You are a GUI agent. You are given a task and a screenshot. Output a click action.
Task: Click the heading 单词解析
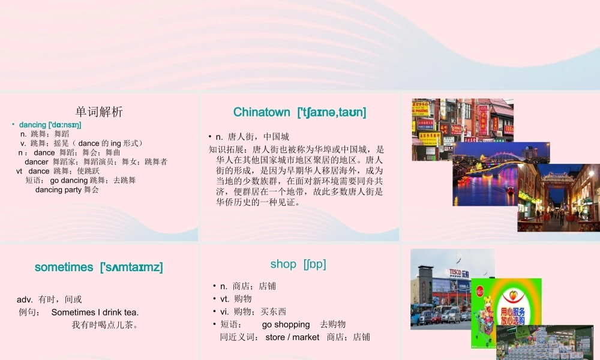pos(99,112)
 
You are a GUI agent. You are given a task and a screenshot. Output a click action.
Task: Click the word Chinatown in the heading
pos(261,112)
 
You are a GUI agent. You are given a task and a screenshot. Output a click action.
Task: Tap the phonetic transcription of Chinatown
pos(331,112)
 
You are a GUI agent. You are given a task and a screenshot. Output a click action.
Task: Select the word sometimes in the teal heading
pos(64,267)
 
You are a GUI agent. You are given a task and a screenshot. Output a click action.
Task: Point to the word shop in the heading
pos(283,264)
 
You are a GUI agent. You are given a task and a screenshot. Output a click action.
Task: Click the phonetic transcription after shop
pos(314,264)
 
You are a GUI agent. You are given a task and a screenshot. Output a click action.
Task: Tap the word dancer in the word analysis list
pos(37,161)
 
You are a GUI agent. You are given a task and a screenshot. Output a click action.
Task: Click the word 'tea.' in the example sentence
pos(130,312)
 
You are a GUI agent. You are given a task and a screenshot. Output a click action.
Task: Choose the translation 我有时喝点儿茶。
pos(106,325)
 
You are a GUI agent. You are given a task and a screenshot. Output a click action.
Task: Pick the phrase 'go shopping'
pos(286,325)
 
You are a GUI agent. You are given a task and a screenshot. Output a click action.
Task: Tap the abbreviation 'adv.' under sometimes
pos(25,299)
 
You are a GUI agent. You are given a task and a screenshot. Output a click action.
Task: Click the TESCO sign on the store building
pos(456,272)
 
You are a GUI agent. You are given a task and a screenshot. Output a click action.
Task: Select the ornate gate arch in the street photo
pos(557,179)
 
